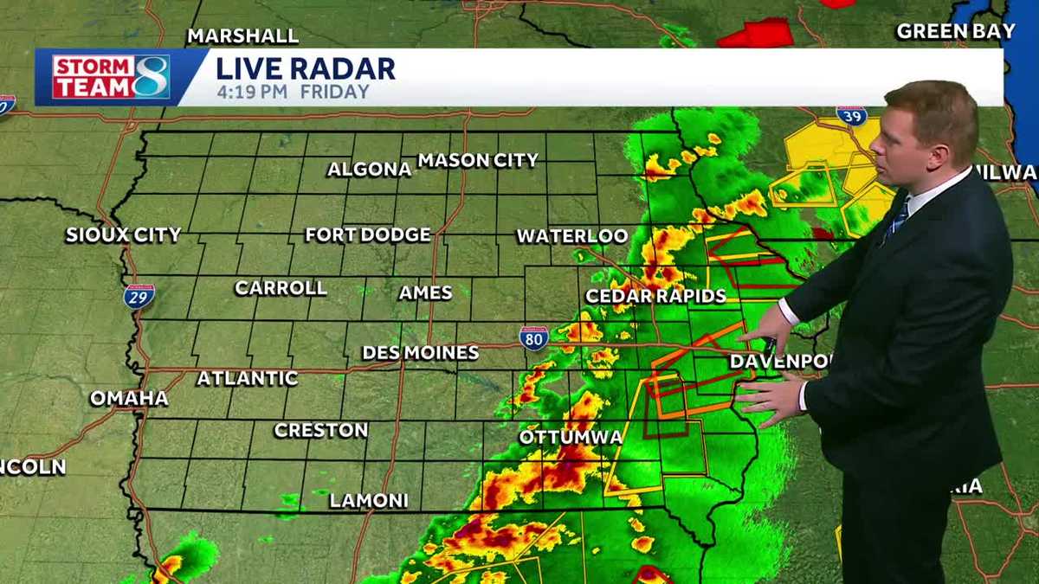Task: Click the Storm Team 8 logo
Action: coord(111,77)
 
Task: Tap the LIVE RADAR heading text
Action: coord(305,69)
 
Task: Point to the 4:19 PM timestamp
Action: coord(253,92)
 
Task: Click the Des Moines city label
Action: coord(420,352)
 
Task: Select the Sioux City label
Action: coord(123,234)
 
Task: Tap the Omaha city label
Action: coord(129,398)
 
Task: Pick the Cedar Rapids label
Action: coord(655,296)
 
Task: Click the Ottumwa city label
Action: coord(571,437)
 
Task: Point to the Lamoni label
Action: coord(368,501)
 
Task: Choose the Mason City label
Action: coord(478,160)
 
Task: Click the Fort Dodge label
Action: coord(367,234)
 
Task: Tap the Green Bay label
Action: coord(956,31)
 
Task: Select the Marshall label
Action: coord(242,35)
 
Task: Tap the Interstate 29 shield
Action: coord(139,296)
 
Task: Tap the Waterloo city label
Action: coord(571,235)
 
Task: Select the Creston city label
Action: coord(320,430)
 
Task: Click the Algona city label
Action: coord(369,170)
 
